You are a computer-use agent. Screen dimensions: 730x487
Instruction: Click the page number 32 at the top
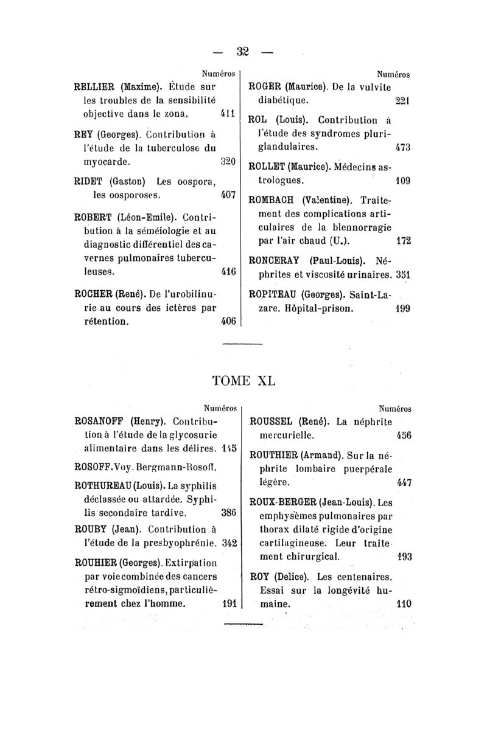pyautogui.click(x=243, y=50)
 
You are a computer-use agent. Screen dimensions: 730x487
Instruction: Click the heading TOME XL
pyautogui.click(x=243, y=380)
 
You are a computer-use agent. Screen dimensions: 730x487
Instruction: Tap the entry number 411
pyautogui.click(x=228, y=113)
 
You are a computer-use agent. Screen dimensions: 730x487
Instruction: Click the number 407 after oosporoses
pyautogui.click(x=228, y=195)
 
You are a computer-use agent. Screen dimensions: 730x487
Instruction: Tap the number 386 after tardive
pyautogui.click(x=228, y=512)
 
